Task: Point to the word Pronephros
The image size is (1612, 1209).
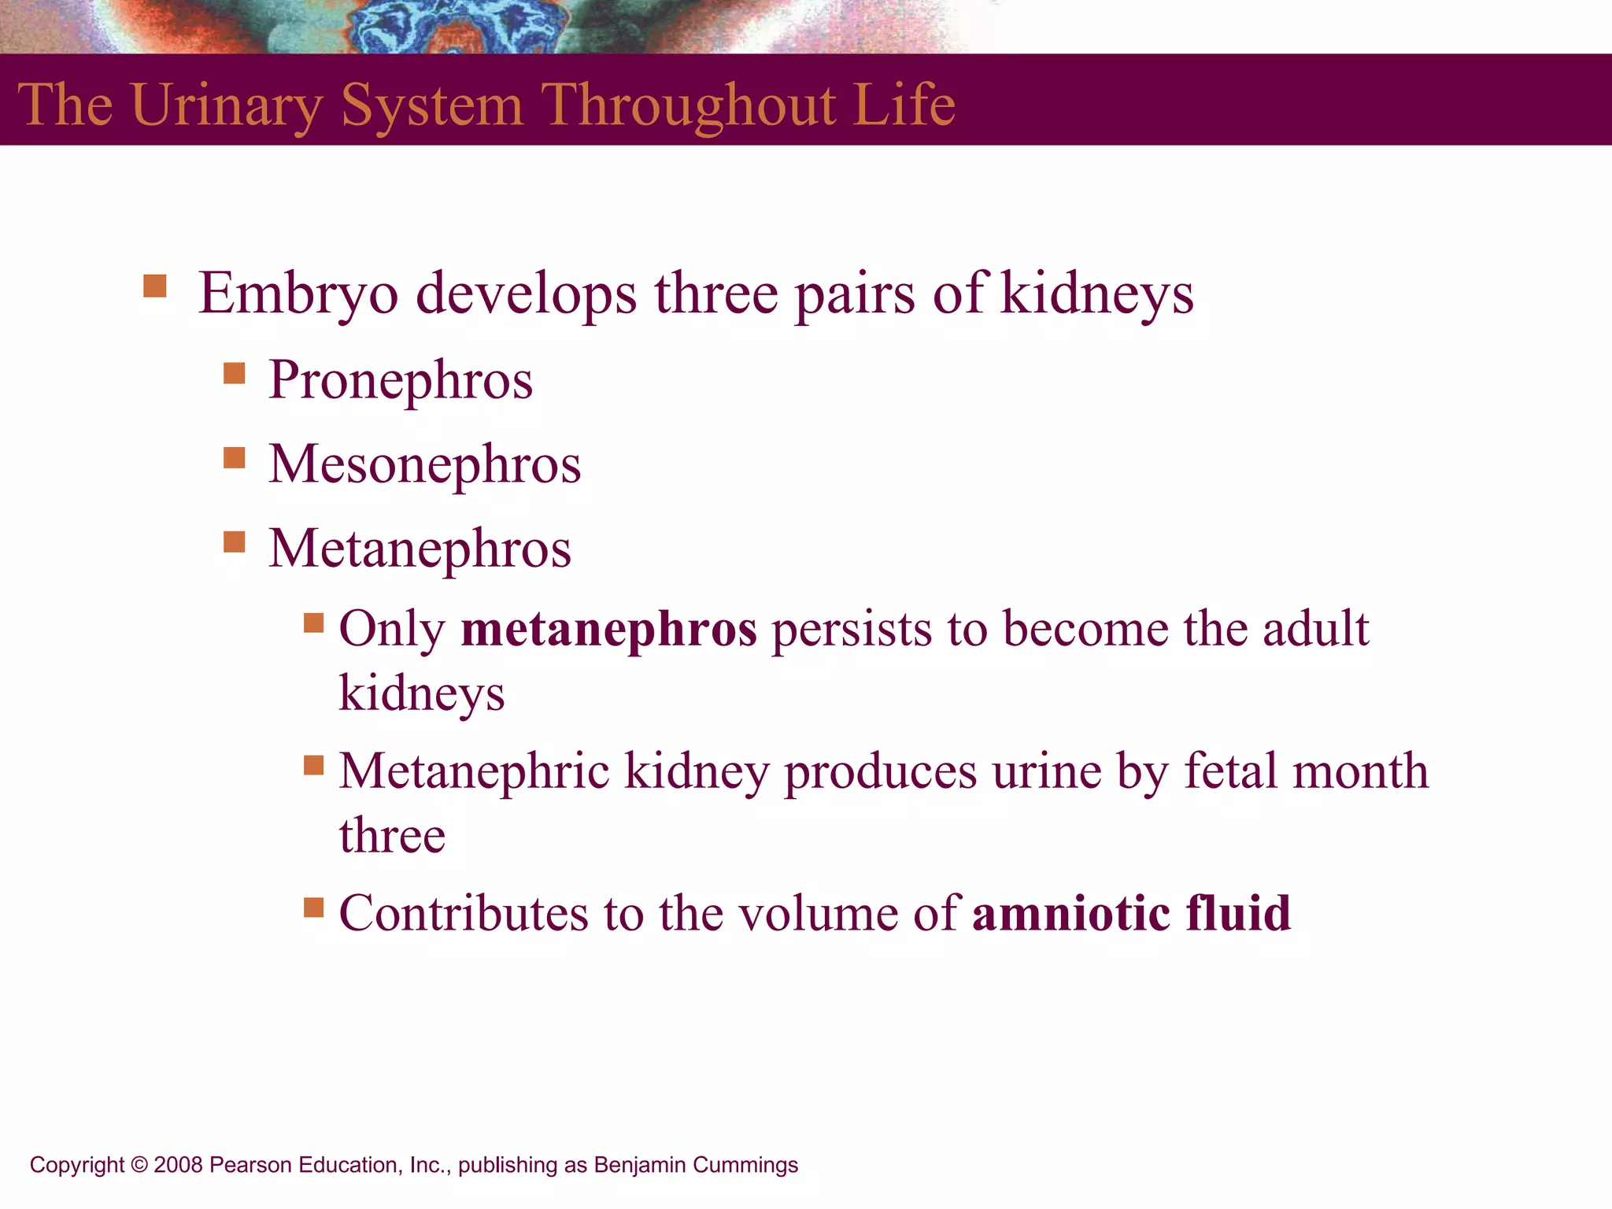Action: [x=401, y=380]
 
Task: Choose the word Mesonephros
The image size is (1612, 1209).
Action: [x=425, y=464]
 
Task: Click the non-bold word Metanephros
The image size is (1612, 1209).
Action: [x=420, y=549]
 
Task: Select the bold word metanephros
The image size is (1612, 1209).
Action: [x=608, y=630]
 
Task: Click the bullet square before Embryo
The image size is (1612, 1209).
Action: [x=155, y=286]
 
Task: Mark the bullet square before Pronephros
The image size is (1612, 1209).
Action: [x=235, y=372]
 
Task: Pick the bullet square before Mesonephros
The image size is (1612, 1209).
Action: [x=235, y=457]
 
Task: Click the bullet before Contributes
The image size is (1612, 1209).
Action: [x=314, y=908]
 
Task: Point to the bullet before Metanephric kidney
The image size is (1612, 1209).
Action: [x=314, y=765]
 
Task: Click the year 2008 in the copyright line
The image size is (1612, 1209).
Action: [x=178, y=1165]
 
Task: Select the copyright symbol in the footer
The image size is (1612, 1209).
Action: [x=139, y=1165]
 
